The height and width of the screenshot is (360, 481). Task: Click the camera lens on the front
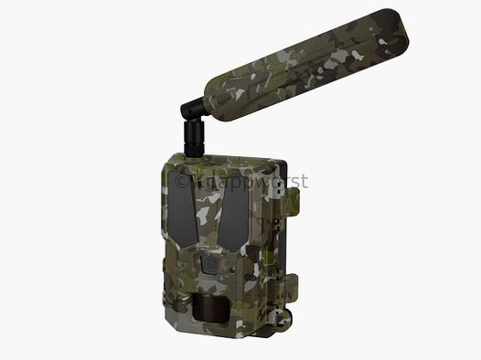[x=209, y=262]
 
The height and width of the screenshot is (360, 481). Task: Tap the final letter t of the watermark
[x=304, y=182]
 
